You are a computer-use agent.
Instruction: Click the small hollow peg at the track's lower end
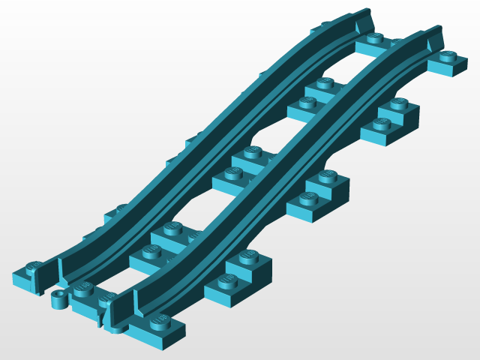57,300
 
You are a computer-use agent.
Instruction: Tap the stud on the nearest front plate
159,321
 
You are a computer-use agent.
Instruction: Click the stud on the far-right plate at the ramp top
448,56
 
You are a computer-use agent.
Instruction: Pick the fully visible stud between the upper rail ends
375,37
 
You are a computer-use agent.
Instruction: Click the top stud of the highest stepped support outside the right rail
398,103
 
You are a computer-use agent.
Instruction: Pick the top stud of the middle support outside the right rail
326,177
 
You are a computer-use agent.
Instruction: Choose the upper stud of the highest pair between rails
325,83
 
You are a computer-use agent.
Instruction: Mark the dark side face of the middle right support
341,196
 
